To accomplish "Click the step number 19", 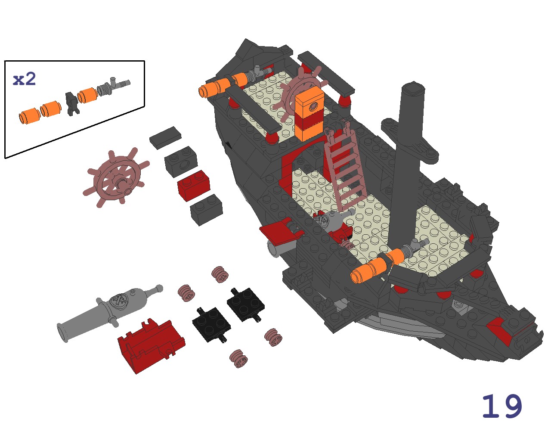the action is click(x=502, y=406).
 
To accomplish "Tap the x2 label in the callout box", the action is click(x=25, y=79).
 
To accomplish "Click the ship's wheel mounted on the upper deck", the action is click(x=300, y=93).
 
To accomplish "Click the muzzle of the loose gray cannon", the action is click(x=63, y=332).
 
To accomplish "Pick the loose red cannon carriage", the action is click(x=152, y=346).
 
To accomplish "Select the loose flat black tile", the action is click(x=165, y=138).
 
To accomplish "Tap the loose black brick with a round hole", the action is click(x=181, y=161).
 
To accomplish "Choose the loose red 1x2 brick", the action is click(x=194, y=185).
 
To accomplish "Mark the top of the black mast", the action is click(x=414, y=88).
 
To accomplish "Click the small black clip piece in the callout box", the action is click(x=72, y=104).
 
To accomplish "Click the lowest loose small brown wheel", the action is click(x=238, y=359).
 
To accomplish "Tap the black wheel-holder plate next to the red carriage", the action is click(x=211, y=325).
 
